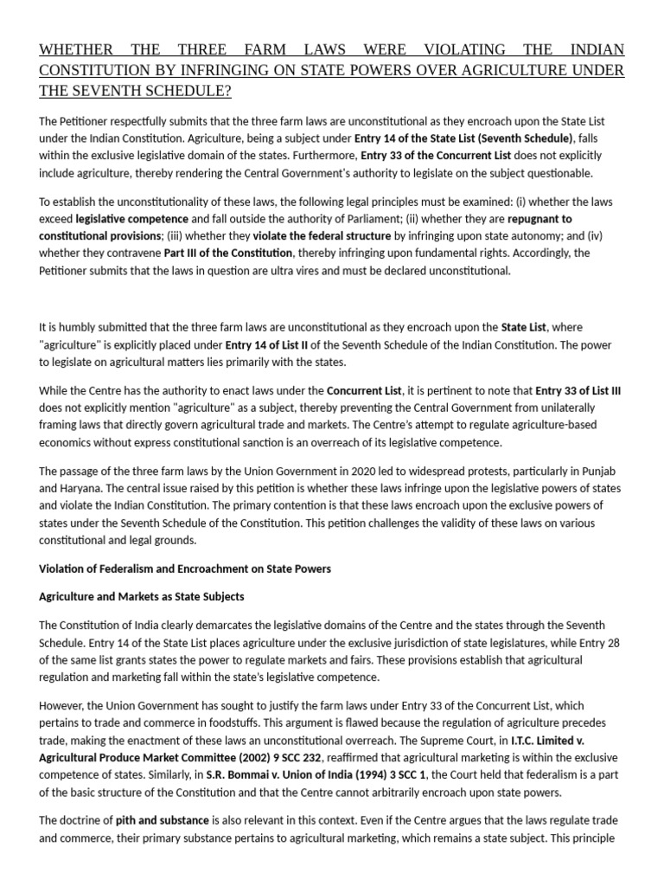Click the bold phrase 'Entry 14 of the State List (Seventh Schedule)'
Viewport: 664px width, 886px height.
463,138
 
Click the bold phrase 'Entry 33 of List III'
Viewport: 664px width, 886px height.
578,391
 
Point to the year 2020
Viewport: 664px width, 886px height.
350,471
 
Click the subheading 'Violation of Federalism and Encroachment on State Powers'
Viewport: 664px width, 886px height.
185,568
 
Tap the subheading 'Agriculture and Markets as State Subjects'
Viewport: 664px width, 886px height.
142,597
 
